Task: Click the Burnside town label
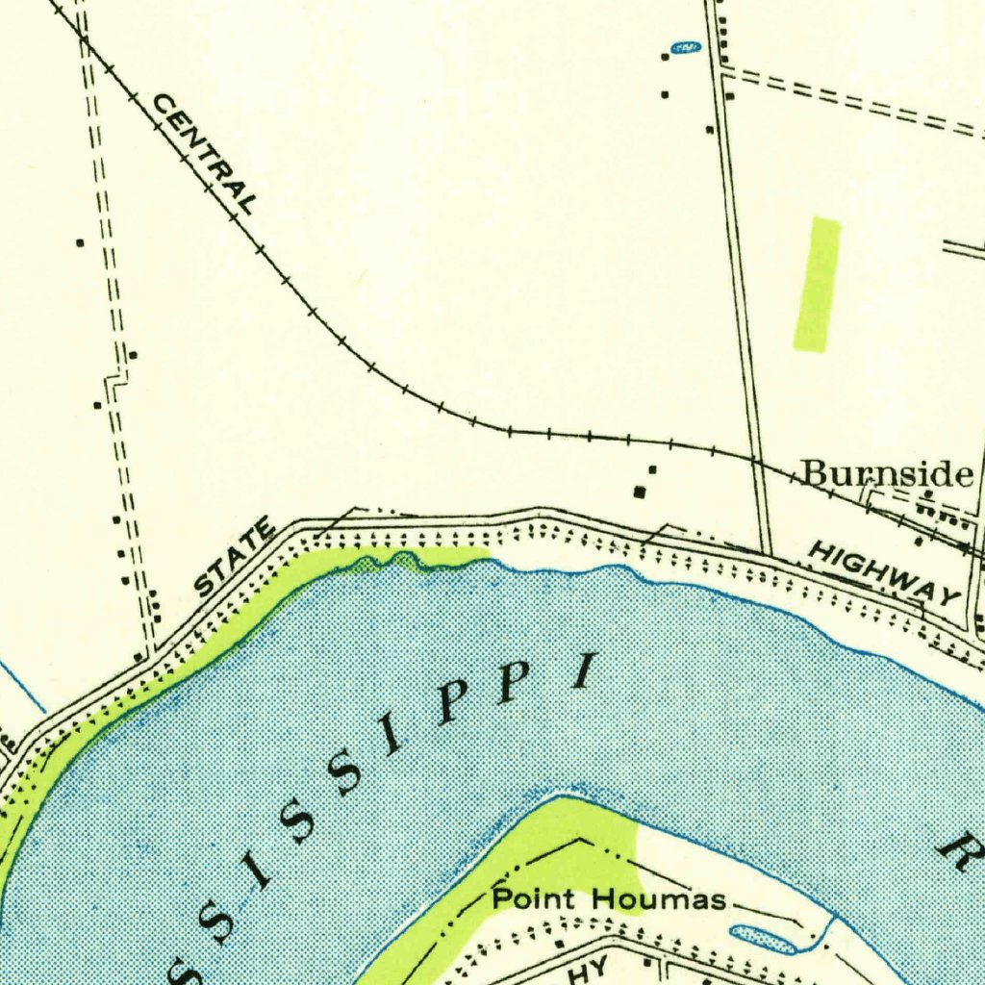(886, 473)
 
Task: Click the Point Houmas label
(608, 900)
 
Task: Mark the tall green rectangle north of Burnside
(817, 284)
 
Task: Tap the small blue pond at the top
(684, 47)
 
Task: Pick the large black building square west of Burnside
(641, 492)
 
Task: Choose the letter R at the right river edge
(959, 850)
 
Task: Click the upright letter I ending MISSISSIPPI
(582, 671)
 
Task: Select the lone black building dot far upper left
(80, 242)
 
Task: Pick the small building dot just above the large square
(652, 469)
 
